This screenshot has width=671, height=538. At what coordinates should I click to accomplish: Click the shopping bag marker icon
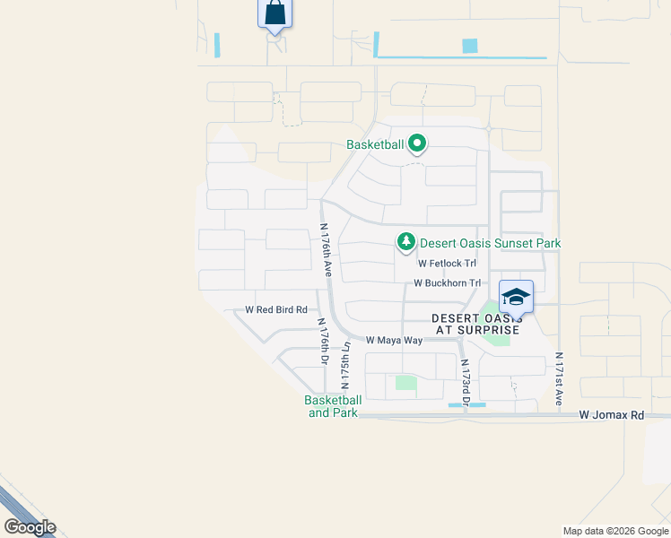tap(274, 14)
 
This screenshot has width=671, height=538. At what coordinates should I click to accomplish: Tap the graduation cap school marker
tap(516, 297)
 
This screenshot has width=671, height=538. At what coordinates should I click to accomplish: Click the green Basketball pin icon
tap(417, 143)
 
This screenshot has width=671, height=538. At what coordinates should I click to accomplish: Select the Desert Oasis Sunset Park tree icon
tap(406, 242)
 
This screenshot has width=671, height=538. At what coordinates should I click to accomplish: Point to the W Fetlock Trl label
tap(447, 264)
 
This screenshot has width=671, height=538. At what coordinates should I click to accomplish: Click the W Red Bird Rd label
tap(276, 309)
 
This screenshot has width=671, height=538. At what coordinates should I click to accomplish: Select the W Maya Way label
tap(394, 341)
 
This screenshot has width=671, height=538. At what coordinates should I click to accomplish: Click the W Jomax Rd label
tap(612, 415)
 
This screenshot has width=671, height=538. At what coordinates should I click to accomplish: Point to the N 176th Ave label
tap(327, 250)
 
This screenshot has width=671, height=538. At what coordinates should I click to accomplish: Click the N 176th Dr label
tap(321, 342)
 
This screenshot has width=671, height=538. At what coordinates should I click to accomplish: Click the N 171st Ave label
tap(558, 378)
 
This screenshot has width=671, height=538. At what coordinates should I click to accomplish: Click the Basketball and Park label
tap(332, 406)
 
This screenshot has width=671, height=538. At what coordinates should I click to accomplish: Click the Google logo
tap(30, 527)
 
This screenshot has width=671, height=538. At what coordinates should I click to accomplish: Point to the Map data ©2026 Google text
tap(614, 531)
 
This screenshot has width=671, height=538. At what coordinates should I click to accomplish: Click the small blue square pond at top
tap(469, 46)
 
